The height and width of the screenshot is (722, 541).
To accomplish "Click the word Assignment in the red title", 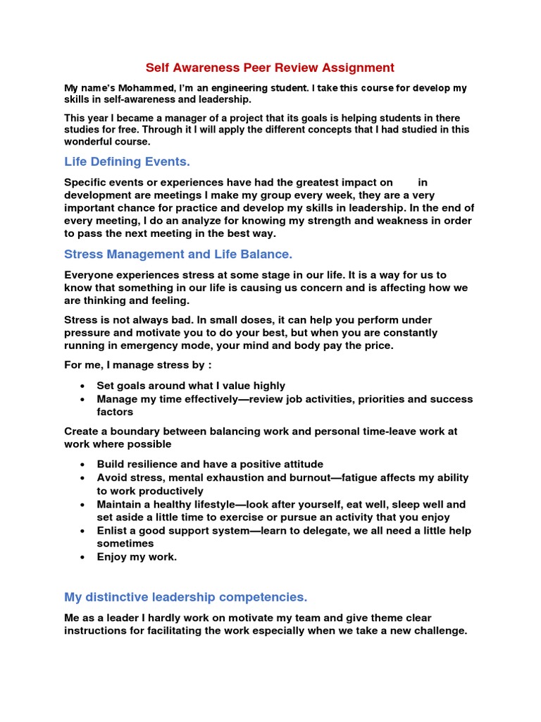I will [359, 68].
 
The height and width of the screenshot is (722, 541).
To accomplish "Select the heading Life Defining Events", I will [128, 161].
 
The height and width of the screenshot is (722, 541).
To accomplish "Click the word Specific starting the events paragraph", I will [86, 183].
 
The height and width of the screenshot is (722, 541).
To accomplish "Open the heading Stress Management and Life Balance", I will [178, 254].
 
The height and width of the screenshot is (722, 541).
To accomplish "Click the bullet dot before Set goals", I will [83, 386].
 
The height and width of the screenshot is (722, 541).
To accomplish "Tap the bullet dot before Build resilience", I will [83, 465].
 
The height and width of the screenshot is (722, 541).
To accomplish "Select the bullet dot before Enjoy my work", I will [83, 557].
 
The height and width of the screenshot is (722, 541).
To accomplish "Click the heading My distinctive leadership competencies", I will [186, 597].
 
